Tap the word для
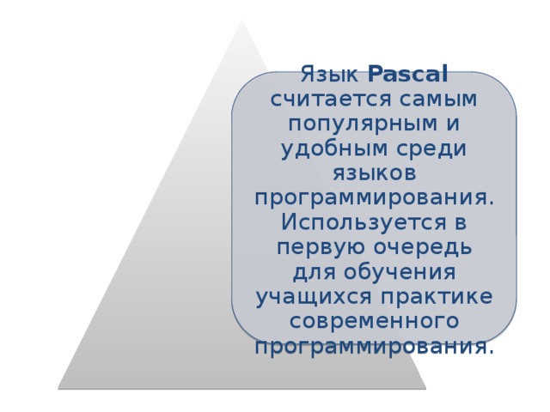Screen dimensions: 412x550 pyautogui.click(x=310, y=272)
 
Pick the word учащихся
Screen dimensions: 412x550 pyautogui.click(x=313, y=297)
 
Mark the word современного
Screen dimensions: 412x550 pyautogui.click(x=373, y=321)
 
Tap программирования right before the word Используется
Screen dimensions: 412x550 pyautogui.click(x=373, y=197)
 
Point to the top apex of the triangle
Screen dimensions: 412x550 pyautogui.click(x=242, y=21)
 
